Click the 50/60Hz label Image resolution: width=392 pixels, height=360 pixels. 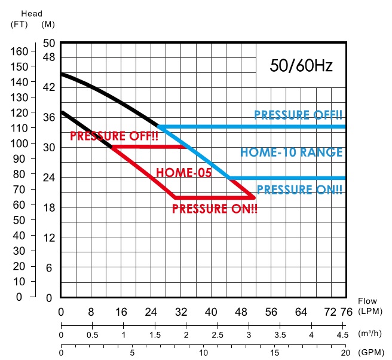coord(301,66)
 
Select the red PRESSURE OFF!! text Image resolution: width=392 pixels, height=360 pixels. coord(113,136)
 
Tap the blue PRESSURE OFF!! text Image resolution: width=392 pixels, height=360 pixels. coord(298,115)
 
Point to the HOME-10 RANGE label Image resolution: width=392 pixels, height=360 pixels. coord(292,152)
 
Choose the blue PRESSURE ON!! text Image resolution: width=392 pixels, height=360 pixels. coord(299,190)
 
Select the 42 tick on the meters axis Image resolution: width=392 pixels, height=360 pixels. coord(49,87)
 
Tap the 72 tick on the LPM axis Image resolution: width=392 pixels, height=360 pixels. coord(330,312)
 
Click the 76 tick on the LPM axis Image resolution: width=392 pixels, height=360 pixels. coord(345,312)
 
